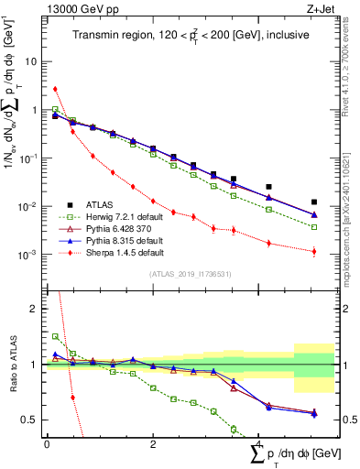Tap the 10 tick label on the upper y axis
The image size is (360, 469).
[x=31, y=62]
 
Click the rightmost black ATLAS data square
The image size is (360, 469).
[x=314, y=202]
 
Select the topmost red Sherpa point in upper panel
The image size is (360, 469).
[x=55, y=89]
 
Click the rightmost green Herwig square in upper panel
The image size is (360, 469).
[x=314, y=227]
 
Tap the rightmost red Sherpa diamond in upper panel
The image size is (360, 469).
[x=314, y=251]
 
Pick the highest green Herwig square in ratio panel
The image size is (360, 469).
[x=55, y=336]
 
